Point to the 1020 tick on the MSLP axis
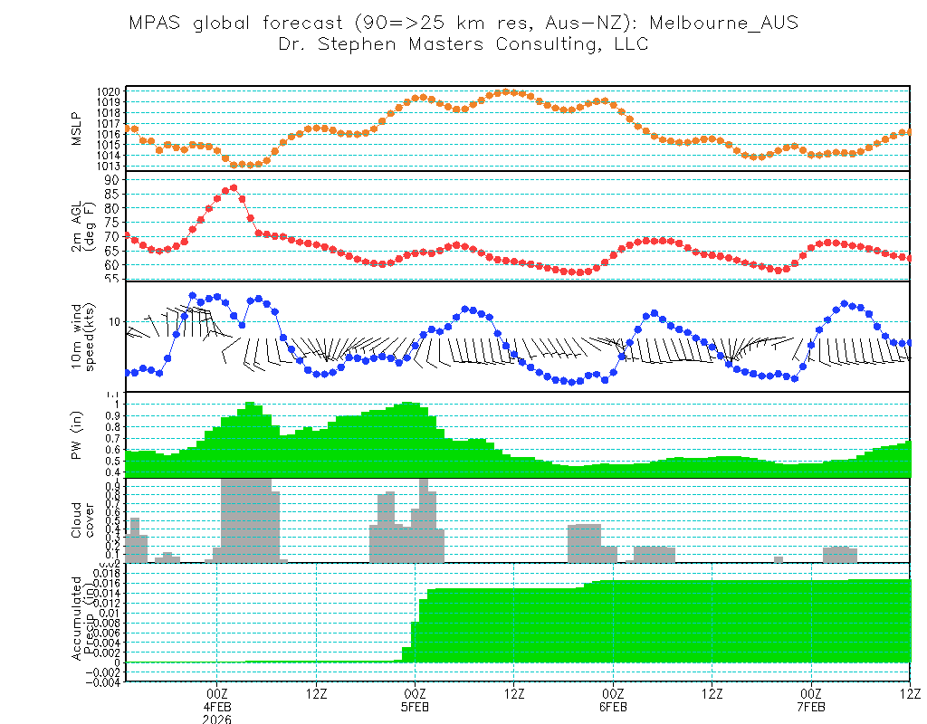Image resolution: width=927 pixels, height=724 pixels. tap(109, 92)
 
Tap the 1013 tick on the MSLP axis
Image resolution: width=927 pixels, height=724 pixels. tap(109, 166)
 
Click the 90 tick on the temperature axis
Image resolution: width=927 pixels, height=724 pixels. tap(112, 179)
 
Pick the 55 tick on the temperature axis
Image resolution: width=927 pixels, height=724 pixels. tap(112, 279)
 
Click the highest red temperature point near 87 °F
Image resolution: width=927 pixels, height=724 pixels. tap(234, 188)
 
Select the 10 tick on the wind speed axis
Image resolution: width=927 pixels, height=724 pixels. tap(114, 321)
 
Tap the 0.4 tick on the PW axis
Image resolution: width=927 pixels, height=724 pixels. tap(113, 472)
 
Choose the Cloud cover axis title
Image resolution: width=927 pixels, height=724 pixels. tap(82, 520)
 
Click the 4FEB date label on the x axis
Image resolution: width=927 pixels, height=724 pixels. tap(217, 707)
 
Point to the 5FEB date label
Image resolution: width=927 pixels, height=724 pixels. tap(415, 707)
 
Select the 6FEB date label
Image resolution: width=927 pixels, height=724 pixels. tap(613, 707)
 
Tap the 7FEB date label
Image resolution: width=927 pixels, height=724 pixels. tap(811, 707)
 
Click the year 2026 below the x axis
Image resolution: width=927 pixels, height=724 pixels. tap(217, 719)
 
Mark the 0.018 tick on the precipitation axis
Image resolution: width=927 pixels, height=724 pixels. tap(106, 574)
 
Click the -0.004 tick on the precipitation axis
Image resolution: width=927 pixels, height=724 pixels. tap(103, 681)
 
